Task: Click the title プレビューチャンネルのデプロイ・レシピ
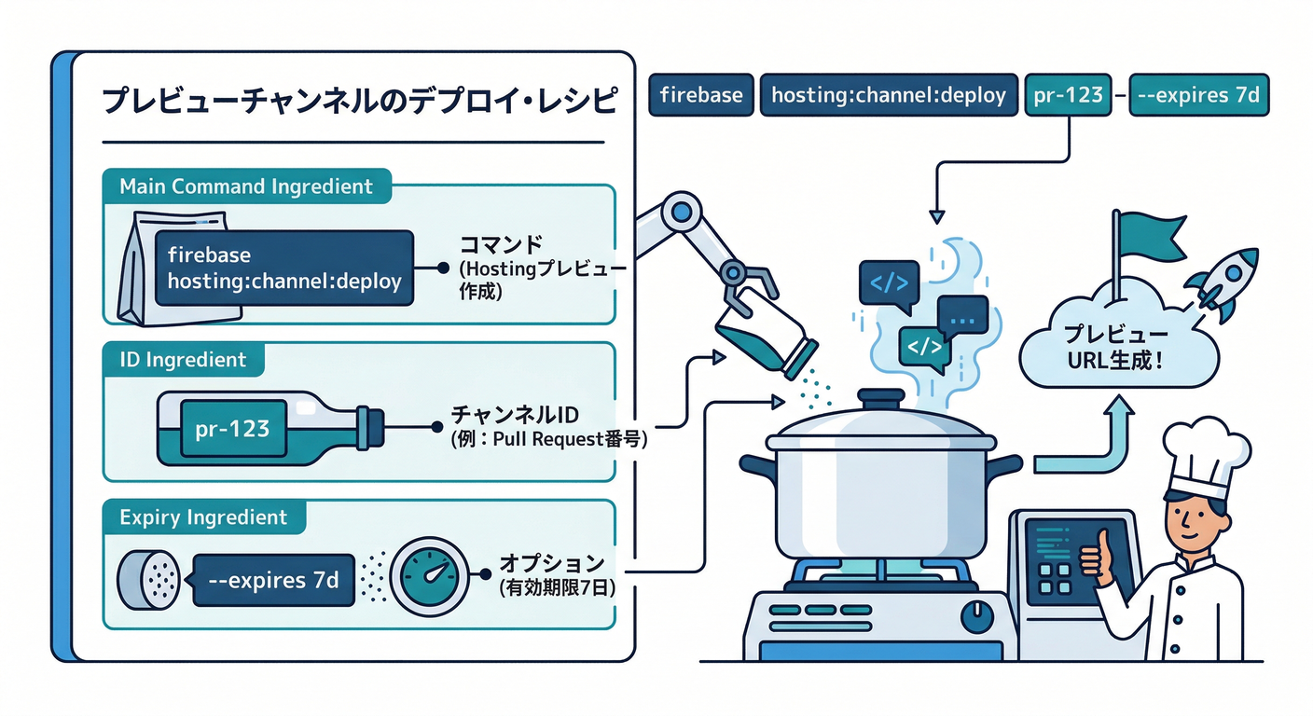click(358, 101)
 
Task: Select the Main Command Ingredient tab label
click(246, 186)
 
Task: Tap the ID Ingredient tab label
click(184, 360)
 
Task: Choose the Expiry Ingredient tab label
click(204, 517)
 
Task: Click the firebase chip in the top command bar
click(700, 95)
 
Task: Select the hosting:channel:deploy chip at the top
click(889, 95)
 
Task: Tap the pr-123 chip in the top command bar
click(1068, 95)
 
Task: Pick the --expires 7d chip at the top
click(1198, 95)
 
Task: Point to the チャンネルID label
click(518, 414)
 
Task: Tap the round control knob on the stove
click(977, 614)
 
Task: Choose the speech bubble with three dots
click(962, 317)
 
